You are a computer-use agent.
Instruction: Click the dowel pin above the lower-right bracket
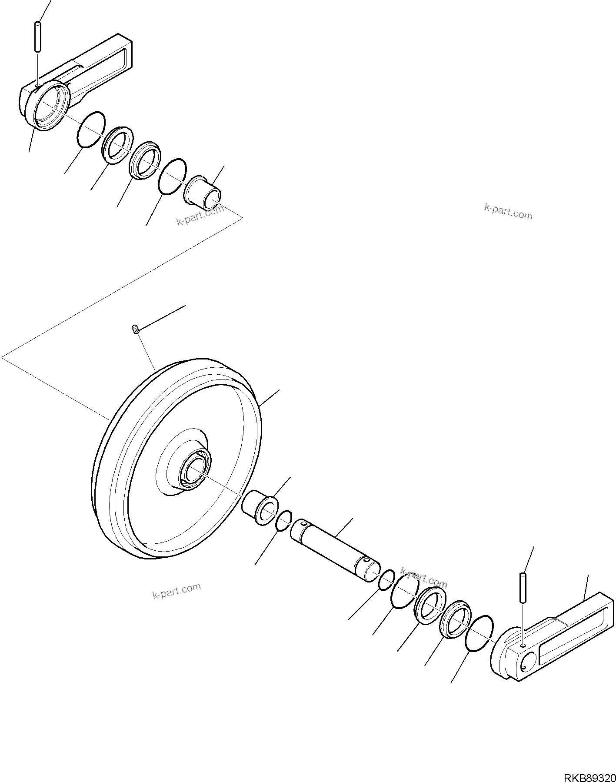click(x=523, y=588)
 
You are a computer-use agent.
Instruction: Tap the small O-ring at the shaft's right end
click(x=386, y=580)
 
